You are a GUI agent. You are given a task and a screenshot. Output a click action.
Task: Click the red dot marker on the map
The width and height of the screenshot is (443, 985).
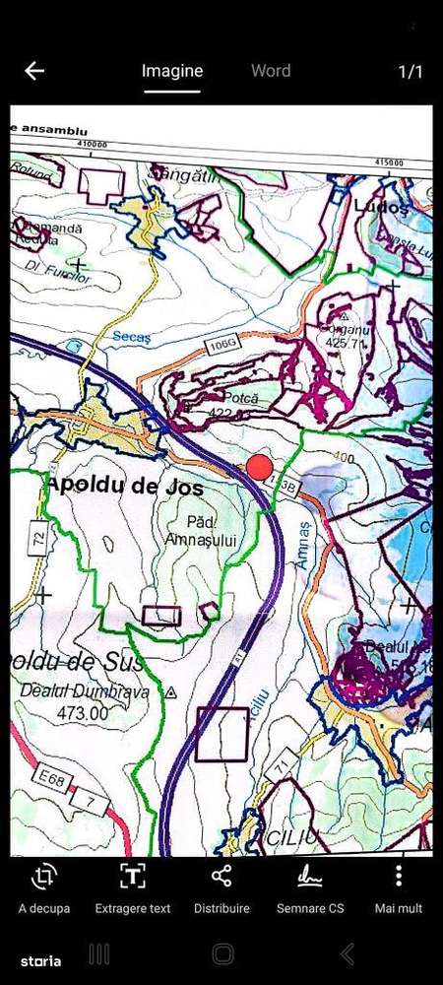pos(259,467)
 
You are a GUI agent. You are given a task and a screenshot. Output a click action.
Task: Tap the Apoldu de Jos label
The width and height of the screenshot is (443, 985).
pos(124,487)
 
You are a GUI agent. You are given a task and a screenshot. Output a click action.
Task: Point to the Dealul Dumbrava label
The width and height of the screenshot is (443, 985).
pos(85,692)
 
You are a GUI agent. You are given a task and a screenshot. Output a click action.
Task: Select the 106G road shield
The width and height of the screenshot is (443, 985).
pos(223,343)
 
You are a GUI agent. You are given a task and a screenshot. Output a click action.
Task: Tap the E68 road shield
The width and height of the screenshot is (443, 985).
pos(47,779)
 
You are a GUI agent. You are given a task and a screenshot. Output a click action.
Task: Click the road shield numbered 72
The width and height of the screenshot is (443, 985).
pos(38,539)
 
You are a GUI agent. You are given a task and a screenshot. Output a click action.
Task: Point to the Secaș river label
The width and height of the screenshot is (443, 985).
pos(130,337)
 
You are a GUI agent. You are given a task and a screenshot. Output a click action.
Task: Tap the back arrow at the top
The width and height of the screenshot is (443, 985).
pos(34,71)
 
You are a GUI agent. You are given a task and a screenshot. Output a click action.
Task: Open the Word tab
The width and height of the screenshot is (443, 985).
pos(271,71)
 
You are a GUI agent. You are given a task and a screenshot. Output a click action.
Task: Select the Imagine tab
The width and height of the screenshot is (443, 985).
pos(172,71)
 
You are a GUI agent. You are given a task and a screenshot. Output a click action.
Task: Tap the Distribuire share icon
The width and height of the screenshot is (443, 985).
pos(221,876)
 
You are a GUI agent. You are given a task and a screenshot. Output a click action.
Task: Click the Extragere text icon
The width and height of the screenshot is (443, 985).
pos(132,876)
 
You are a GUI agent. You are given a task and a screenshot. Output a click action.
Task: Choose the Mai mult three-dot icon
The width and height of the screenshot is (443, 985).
pos(399,876)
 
